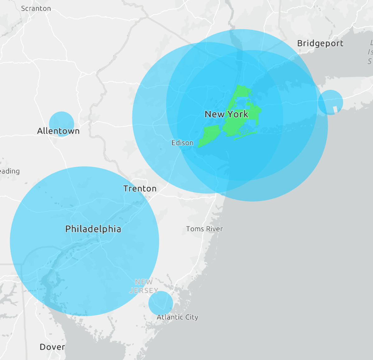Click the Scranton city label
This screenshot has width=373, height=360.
pos(36,9)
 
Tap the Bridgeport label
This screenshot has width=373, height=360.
pos(320,43)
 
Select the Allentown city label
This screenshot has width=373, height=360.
pos(58,131)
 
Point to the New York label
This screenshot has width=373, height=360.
pos(226,114)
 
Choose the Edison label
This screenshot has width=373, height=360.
pos(182,143)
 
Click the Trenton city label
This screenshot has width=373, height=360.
pos(140,189)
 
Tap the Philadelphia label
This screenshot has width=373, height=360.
pos(93,229)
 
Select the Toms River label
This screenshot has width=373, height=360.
pos(204,229)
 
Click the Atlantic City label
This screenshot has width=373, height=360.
pos(177,317)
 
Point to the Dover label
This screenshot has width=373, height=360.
pos(52,347)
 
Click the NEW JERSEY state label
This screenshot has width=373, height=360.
pos(144,286)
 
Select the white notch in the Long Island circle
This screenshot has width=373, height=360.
pos(335,109)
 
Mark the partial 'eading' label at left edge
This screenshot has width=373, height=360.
pos(10,171)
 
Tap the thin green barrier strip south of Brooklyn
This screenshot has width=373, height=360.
pos(246,135)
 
